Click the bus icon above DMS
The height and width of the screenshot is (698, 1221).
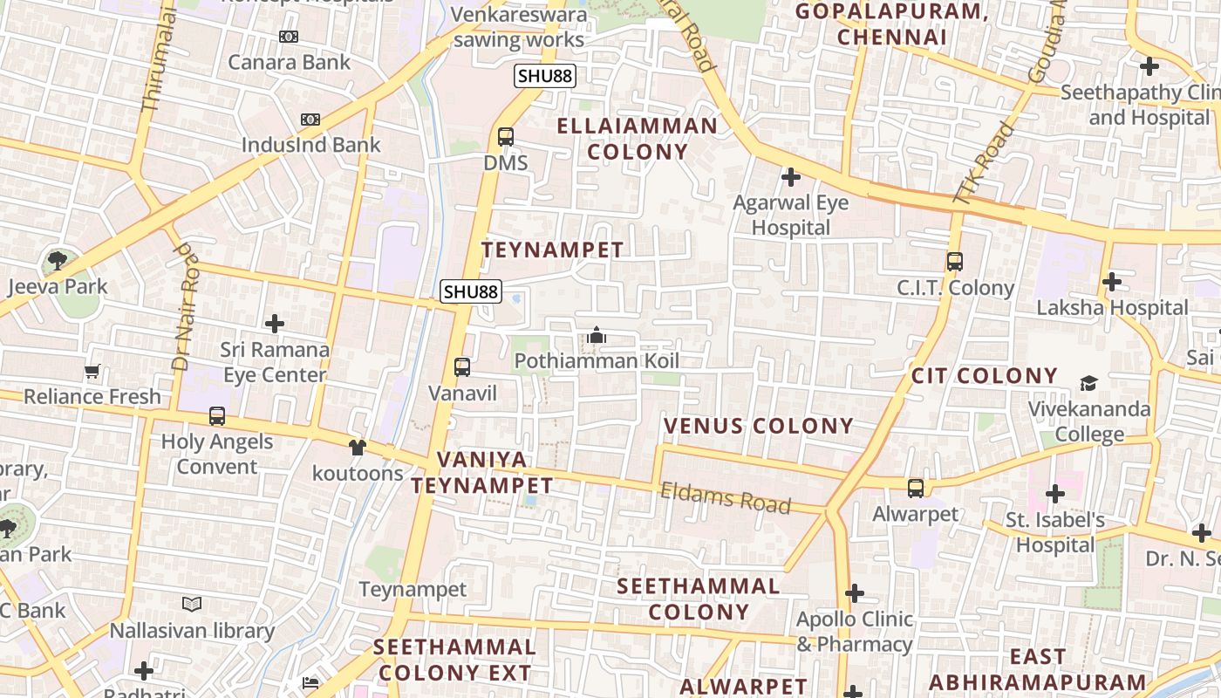[x=506, y=137]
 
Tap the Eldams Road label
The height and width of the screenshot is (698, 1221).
[x=726, y=498]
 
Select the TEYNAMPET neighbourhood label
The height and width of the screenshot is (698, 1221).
[x=553, y=250]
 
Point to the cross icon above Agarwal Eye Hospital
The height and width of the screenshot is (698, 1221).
[x=791, y=178]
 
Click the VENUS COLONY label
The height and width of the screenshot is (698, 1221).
[x=759, y=426]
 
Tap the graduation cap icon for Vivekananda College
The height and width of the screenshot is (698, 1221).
[x=1088, y=383]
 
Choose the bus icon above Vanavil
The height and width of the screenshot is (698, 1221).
[x=462, y=367]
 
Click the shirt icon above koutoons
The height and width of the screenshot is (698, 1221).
[x=358, y=448]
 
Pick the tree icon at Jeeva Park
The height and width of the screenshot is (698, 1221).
[x=58, y=260]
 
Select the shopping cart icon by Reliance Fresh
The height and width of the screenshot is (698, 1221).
[x=92, y=371]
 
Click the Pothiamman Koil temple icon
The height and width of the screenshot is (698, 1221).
[x=597, y=335]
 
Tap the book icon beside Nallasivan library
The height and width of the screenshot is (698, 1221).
[x=192, y=604]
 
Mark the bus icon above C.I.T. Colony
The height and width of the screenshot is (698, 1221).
[x=955, y=262]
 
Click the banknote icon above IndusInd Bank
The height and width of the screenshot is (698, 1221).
[x=310, y=120]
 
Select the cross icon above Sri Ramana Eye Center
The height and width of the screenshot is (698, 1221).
[x=275, y=324]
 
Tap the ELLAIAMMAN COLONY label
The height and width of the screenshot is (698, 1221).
[x=637, y=139]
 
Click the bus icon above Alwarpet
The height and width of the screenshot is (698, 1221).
[x=916, y=489]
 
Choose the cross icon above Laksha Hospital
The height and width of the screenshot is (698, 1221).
[x=1112, y=282]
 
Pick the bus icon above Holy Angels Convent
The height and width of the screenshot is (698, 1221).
[x=217, y=416]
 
